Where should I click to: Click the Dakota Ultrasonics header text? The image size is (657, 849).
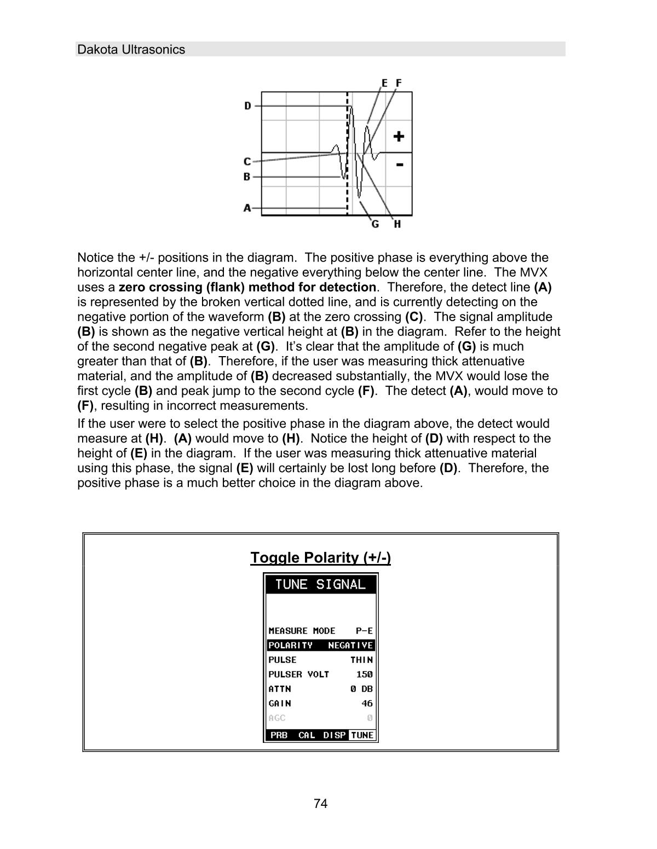pyautogui.click(x=131, y=50)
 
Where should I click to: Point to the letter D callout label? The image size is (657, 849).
pyautogui.click(x=247, y=106)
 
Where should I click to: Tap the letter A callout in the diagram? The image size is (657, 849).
pyautogui.click(x=247, y=208)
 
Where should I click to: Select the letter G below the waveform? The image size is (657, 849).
pyautogui.click(x=375, y=224)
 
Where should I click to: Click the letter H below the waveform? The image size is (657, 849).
pyautogui.click(x=397, y=224)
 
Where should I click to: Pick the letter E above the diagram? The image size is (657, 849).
pyautogui.click(x=384, y=83)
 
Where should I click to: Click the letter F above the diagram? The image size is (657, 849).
pyautogui.click(x=399, y=83)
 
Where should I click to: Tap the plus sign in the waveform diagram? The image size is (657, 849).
pyautogui.click(x=399, y=136)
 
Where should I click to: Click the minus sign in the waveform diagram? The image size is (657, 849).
pyautogui.click(x=400, y=164)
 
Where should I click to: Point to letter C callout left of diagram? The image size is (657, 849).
pyautogui.click(x=247, y=162)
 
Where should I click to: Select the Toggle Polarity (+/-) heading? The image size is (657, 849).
pyautogui.click(x=320, y=557)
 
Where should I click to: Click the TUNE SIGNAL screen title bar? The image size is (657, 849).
pyautogui.click(x=320, y=584)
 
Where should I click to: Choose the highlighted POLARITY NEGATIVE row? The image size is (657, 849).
pyautogui.click(x=320, y=646)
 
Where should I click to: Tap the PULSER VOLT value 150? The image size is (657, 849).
pyautogui.click(x=364, y=674)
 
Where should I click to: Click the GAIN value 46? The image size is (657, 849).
pyautogui.click(x=367, y=703)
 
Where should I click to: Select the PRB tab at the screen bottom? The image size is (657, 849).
pyautogui.click(x=279, y=735)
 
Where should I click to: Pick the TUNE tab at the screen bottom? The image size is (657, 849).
pyautogui.click(x=362, y=735)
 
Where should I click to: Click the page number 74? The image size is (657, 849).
pyautogui.click(x=321, y=804)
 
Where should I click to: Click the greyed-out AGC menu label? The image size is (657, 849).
pyautogui.click(x=277, y=718)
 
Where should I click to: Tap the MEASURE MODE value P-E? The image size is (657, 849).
pyautogui.click(x=364, y=631)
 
